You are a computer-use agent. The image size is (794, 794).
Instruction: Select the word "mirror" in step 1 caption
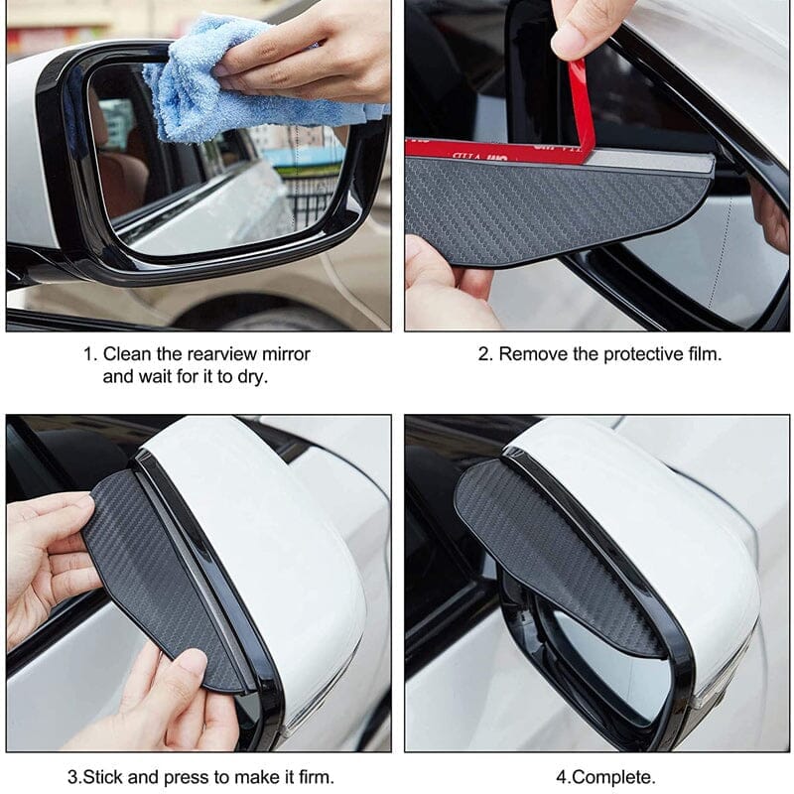(286, 354)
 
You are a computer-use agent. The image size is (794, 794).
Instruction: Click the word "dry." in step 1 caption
(252, 377)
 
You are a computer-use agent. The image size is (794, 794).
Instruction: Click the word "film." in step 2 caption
(705, 354)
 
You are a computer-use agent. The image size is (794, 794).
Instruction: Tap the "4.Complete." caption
(605, 777)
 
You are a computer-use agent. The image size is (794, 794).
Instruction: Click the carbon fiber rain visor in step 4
(552, 552)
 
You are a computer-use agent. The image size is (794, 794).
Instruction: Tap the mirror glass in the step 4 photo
(607, 663)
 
